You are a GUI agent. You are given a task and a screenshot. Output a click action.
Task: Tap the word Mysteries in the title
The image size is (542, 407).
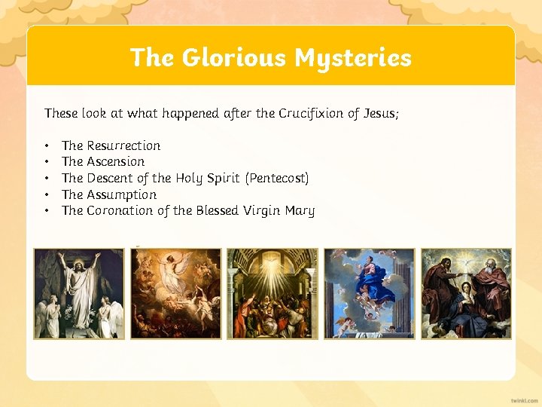click(x=353, y=57)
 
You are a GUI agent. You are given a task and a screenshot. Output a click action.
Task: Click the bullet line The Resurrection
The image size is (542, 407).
click(x=111, y=145)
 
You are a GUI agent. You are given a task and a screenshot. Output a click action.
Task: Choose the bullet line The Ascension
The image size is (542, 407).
click(x=103, y=161)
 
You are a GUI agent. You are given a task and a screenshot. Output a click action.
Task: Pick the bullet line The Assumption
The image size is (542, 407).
click(x=109, y=194)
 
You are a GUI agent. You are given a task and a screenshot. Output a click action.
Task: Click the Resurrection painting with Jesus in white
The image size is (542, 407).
click(x=79, y=293)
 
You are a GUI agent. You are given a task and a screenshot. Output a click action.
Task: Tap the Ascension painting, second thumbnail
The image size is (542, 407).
click(x=176, y=293)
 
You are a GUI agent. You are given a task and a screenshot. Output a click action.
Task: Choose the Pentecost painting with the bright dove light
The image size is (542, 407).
click(x=273, y=293)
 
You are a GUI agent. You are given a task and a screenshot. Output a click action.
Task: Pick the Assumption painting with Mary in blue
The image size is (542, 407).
click(x=369, y=293)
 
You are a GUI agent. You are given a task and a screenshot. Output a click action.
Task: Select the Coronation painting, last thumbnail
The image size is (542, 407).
click(x=466, y=293)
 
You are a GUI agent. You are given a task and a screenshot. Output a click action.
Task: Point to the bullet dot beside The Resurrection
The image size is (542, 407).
click(x=47, y=145)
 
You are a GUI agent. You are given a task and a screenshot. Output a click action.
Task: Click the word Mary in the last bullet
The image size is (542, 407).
click(x=300, y=211)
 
